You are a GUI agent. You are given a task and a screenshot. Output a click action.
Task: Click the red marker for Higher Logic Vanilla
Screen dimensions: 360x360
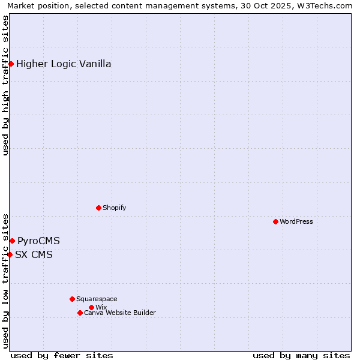[x=11, y=64]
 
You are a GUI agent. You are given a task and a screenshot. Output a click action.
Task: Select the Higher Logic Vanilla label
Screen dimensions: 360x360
[x=64, y=64]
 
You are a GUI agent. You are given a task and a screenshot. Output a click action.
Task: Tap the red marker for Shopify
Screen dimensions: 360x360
[x=98, y=208]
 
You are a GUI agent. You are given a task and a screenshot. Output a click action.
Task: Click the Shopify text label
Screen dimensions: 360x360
[x=115, y=208]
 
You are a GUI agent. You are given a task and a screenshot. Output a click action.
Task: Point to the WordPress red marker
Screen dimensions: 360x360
[x=275, y=221]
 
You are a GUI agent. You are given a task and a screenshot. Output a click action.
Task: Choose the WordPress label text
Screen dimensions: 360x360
[x=296, y=222]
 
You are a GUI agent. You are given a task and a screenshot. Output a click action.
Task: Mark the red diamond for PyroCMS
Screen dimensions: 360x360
[x=12, y=241]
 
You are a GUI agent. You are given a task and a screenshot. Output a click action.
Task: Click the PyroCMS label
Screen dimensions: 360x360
[x=38, y=241]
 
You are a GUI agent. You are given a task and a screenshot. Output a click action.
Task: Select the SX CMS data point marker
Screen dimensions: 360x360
[x=10, y=254]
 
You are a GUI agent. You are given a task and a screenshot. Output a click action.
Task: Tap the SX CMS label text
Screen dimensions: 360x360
[x=34, y=255]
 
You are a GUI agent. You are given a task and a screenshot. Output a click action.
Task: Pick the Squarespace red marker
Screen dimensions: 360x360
[x=72, y=299]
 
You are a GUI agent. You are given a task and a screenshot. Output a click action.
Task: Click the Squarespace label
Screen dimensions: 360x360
[x=97, y=299]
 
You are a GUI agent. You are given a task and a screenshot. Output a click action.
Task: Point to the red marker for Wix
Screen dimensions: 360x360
[x=91, y=307]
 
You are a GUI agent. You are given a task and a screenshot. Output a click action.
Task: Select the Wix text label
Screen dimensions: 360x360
[x=101, y=308]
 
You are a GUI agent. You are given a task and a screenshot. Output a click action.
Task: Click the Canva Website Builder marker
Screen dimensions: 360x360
[x=80, y=313]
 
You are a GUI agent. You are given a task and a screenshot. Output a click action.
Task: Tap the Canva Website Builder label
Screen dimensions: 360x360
[x=120, y=313]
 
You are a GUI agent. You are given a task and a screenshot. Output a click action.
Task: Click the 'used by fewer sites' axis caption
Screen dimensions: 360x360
[x=62, y=355]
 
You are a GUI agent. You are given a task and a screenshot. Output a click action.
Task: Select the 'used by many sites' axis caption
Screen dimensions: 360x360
[x=301, y=355]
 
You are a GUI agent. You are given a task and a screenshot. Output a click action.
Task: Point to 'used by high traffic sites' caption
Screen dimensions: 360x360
[x=6, y=85]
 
